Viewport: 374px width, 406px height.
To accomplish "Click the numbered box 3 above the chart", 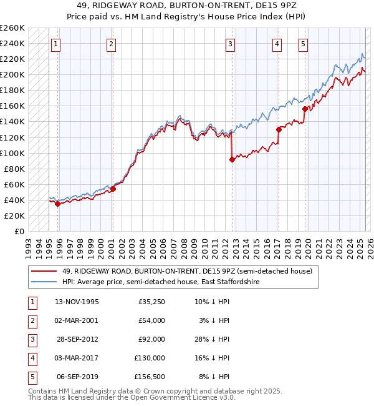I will tap(230, 44).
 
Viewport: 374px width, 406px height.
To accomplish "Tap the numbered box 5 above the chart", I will tap(303, 44).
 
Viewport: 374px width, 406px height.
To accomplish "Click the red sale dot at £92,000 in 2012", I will tap(232, 159).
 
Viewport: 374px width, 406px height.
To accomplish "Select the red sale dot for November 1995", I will tap(57, 204).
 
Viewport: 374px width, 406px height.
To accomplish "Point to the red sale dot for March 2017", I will tap(279, 129).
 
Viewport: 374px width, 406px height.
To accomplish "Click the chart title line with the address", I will tap(187, 5).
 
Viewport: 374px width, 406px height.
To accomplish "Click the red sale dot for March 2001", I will tap(113, 189).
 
